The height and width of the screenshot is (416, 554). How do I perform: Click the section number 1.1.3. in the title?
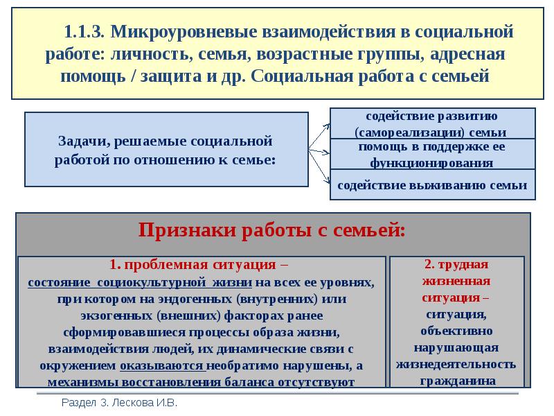point(84,31)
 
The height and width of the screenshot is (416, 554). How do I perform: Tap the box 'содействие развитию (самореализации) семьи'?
point(432,123)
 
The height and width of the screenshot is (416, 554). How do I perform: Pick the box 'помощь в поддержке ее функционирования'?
point(432,154)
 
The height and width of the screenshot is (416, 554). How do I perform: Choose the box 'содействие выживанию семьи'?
point(432,185)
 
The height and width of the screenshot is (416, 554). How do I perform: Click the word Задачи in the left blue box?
point(79,141)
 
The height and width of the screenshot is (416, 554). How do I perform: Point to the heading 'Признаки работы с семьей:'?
point(271,229)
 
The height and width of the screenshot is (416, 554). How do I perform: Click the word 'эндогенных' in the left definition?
point(199,300)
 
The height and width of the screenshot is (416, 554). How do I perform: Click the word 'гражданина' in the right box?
point(456,381)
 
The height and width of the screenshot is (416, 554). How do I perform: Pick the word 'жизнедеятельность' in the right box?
point(456,364)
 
